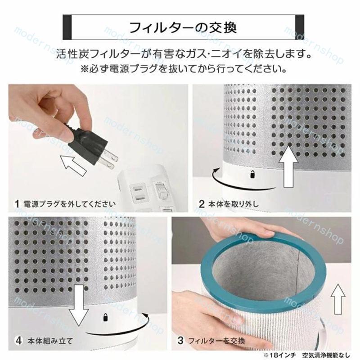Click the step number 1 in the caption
pyautogui.click(x=16, y=203)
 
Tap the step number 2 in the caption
pyautogui.click(x=202, y=203)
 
